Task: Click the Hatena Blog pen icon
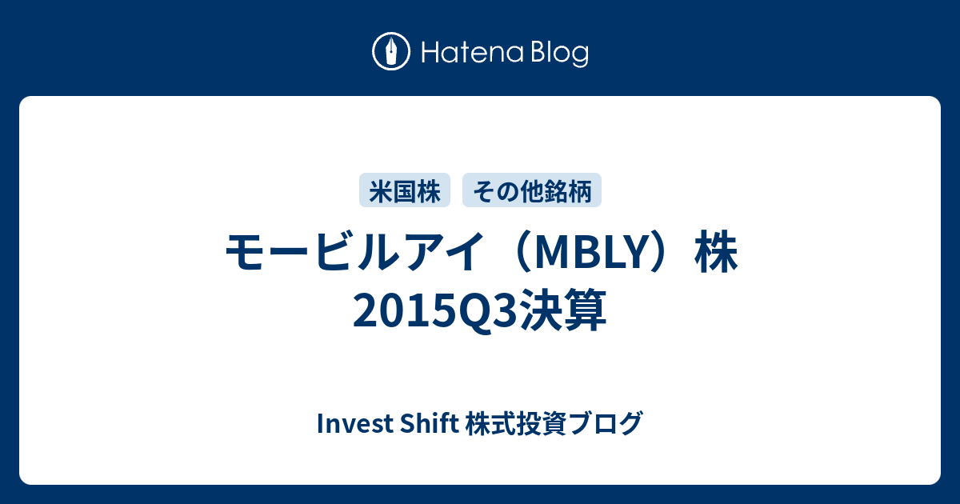tap(391, 51)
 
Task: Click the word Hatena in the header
tap(472, 53)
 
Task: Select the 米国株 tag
tap(405, 190)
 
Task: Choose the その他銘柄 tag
tap(532, 190)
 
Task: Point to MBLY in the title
tap(591, 253)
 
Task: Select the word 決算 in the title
tap(563, 310)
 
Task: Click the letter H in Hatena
tap(431, 53)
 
